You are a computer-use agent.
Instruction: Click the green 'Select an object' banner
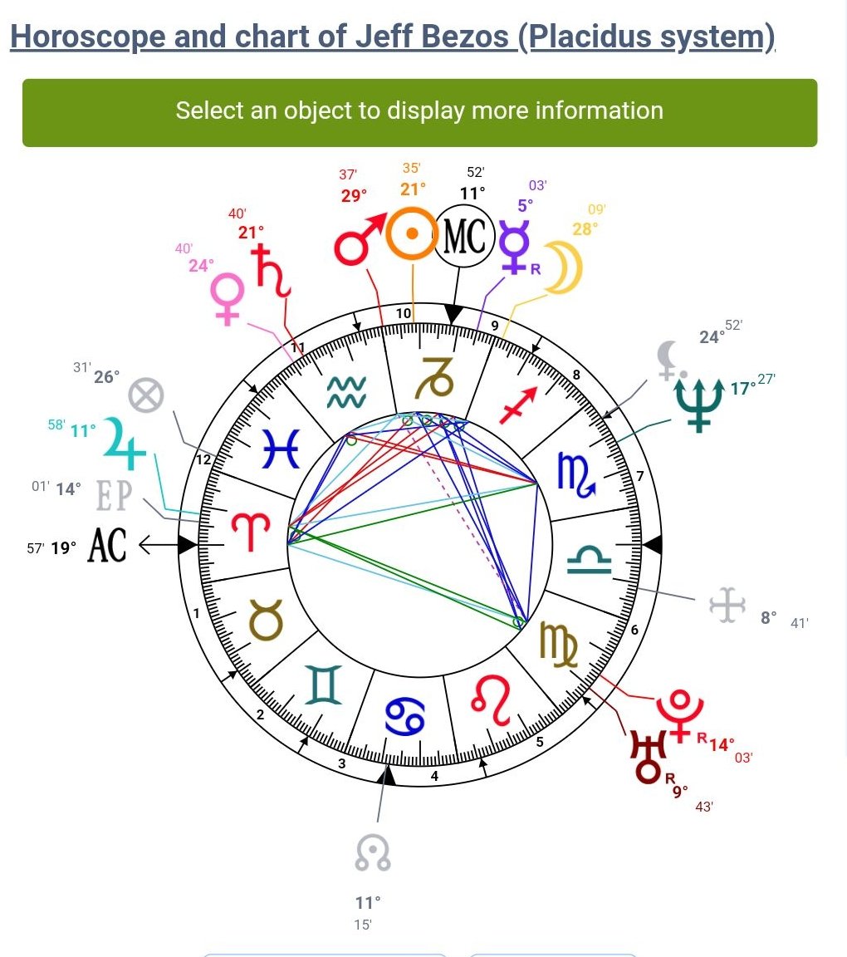pyautogui.click(x=419, y=112)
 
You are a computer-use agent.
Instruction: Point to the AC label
pyautogui.click(x=107, y=546)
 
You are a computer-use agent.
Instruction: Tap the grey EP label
pyautogui.click(x=114, y=495)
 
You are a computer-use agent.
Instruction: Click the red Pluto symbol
pyautogui.click(x=679, y=713)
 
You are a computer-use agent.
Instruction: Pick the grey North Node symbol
pyautogui.click(x=373, y=853)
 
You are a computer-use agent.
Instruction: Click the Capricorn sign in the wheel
pyautogui.click(x=438, y=377)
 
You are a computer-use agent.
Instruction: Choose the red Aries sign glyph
pyautogui.click(x=247, y=533)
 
